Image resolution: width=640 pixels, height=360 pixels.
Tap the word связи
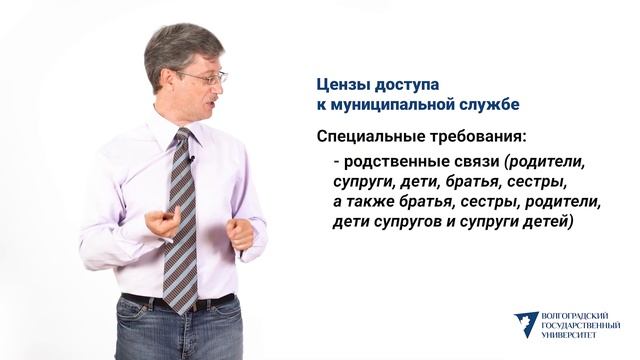pyautogui.click(x=475, y=162)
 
